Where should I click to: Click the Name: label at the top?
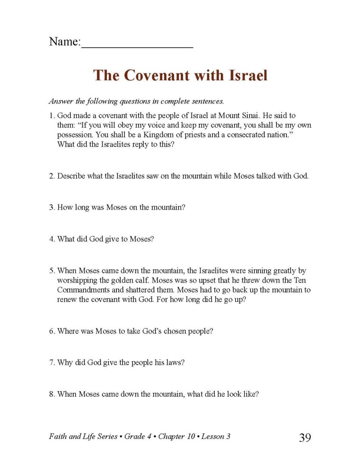coord(64,42)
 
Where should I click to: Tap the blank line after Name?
coord(137,45)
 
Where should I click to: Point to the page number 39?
coord(305,437)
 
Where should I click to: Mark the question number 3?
coord(51,207)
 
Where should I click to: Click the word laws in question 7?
coord(174,363)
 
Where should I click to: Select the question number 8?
coord(51,394)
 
